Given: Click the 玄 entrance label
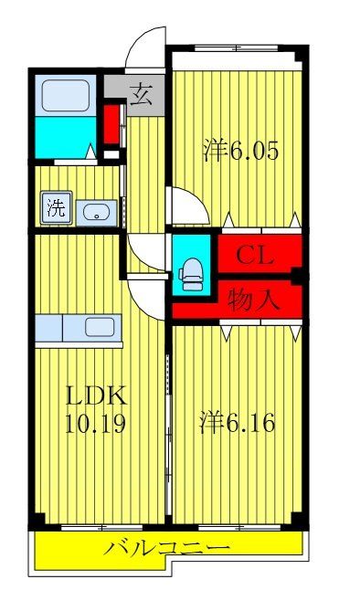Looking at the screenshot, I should (x=142, y=92).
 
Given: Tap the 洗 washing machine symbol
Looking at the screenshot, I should (x=56, y=207).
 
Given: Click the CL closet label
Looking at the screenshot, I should (x=255, y=255).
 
